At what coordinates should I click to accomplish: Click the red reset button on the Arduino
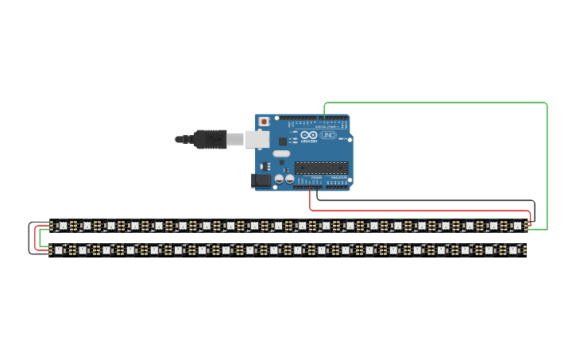coord(264,122)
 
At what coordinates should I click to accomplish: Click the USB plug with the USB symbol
coord(211,139)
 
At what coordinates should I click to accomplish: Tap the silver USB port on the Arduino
coord(256,140)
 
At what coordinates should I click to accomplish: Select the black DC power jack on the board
coord(261,180)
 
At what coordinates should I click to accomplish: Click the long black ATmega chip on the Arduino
coord(321,167)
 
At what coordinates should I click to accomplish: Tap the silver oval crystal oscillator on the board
coord(281,153)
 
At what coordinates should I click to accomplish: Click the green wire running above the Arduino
coord(437,103)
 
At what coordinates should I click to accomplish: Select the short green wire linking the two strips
coord(40,238)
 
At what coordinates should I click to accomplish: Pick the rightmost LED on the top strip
coord(516,226)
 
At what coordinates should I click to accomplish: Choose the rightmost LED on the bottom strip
coord(512,250)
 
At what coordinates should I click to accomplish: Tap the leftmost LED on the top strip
coord(63,226)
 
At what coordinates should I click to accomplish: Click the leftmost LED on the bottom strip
coord(59,250)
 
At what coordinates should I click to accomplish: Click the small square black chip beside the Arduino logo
coord(283,141)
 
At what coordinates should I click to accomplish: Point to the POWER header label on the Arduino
coord(317,178)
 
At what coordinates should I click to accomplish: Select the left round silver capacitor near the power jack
coord(279,180)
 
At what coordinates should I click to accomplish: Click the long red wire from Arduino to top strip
coord(421,211)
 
